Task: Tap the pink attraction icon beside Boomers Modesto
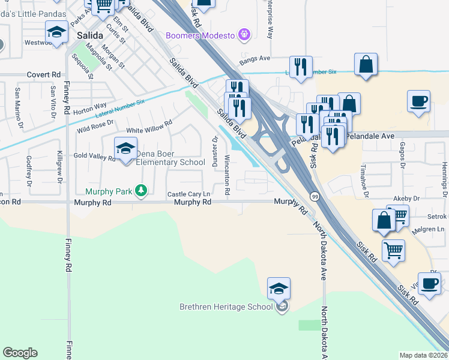coord(243,35)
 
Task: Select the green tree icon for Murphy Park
coord(141,191)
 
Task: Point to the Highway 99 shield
coord(314,196)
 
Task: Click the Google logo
coord(20,353)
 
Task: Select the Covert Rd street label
coord(44,74)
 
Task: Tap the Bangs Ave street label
coord(255,59)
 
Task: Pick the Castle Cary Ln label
coord(188,194)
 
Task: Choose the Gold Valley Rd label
coord(94,157)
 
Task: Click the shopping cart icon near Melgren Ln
coord(393,251)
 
